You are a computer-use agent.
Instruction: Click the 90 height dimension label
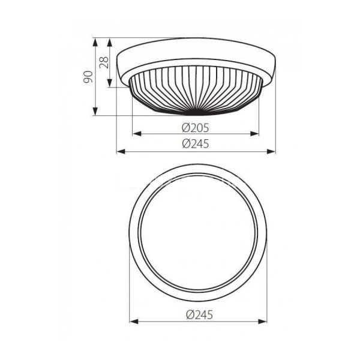pyautogui.click(x=88, y=77)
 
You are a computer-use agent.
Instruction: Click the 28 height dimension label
pyautogui.click(x=104, y=62)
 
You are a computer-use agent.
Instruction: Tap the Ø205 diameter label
pyautogui.click(x=196, y=128)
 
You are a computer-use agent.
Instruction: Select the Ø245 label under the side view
pyautogui.click(x=196, y=144)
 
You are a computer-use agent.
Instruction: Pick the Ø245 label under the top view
pyautogui.click(x=199, y=314)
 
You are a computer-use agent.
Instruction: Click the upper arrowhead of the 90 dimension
pyautogui.click(x=95, y=42)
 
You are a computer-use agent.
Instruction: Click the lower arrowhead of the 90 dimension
pyautogui.click(x=95, y=111)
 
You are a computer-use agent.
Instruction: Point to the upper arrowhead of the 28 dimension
pyautogui.click(x=110, y=42)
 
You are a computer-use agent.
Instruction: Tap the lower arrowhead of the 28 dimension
pyautogui.click(x=110, y=83)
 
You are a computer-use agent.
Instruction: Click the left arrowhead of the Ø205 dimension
pyautogui.click(x=137, y=134)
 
